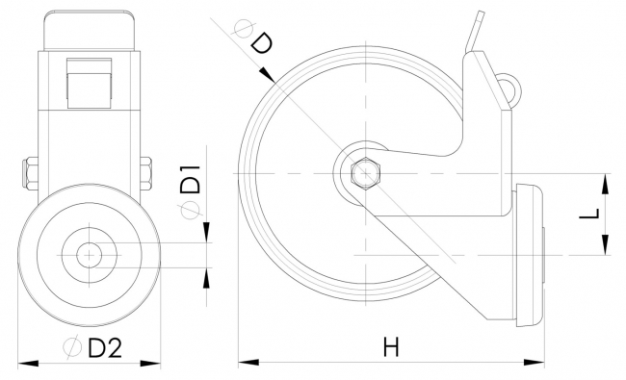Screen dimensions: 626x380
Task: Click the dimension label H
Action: click(x=391, y=346)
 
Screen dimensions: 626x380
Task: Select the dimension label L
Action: click(x=589, y=214)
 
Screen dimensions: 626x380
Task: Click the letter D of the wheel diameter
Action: click(x=262, y=43)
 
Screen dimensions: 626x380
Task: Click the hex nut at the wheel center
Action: click(x=366, y=173)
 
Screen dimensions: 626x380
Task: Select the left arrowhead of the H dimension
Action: click(x=248, y=363)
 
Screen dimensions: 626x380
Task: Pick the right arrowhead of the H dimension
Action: click(x=534, y=363)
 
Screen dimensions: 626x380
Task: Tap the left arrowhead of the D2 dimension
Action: click(x=28, y=364)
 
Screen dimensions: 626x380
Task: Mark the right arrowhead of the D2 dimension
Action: click(x=150, y=364)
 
